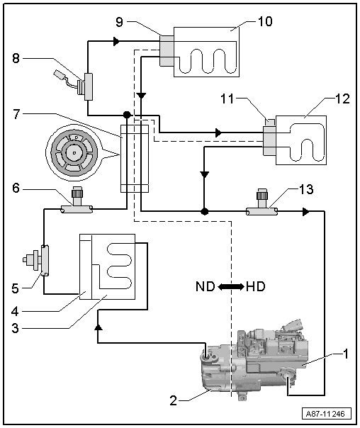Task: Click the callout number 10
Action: [265, 21]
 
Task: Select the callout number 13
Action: [306, 189]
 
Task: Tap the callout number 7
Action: [16, 114]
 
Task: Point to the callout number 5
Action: [16, 288]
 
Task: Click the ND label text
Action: [206, 286]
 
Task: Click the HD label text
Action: [255, 286]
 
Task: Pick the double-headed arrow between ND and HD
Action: [231, 286]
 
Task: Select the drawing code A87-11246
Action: [325, 414]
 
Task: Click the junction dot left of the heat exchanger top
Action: [127, 115]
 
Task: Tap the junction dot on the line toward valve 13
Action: [204, 211]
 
